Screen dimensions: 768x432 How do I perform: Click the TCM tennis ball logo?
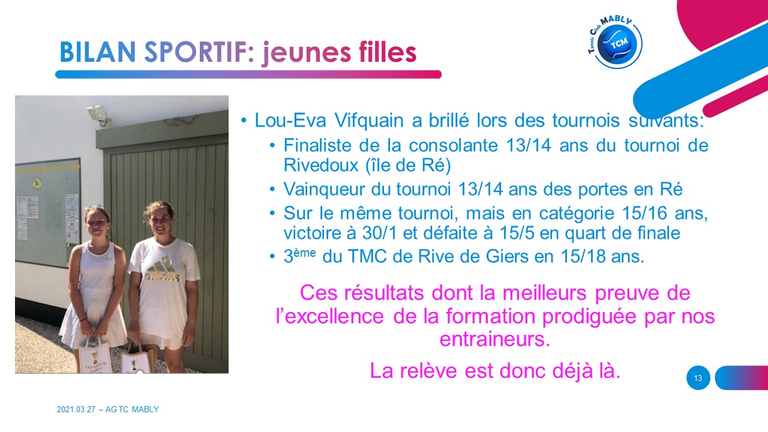click(x=616, y=42)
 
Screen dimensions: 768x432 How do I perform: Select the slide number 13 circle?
click(x=698, y=378)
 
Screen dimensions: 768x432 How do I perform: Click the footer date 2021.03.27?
click(x=76, y=409)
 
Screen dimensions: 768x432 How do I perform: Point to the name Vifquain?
click(x=368, y=121)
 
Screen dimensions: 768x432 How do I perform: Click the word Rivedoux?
click(x=321, y=165)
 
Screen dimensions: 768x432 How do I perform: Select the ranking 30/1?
click(x=379, y=233)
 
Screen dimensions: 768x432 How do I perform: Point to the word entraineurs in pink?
click(x=495, y=339)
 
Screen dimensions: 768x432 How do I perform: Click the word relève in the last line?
click(x=428, y=371)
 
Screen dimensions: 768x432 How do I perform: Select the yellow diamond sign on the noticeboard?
click(x=37, y=184)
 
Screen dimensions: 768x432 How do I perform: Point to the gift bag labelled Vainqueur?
click(x=94, y=356)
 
